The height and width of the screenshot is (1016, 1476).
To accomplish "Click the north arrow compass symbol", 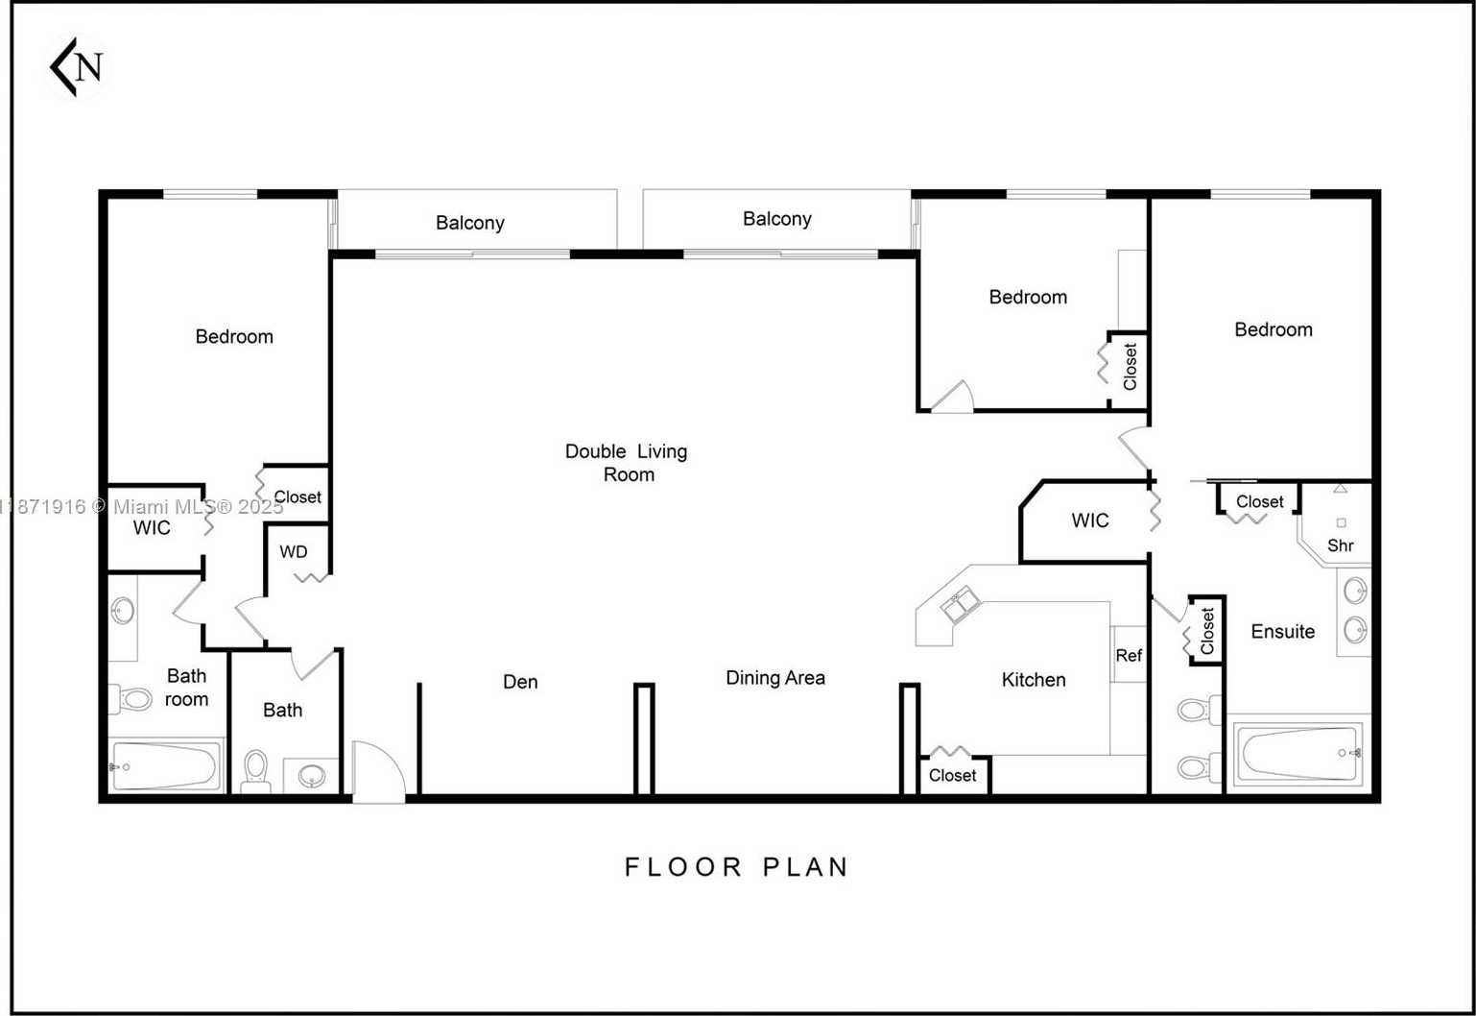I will pyautogui.click(x=78, y=67).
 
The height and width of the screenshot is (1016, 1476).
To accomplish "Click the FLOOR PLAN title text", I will pyautogui.click(x=736, y=867).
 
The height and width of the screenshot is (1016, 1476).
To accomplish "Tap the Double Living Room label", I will pyautogui.click(x=626, y=462).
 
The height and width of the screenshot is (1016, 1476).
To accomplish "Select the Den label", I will pyautogui.click(x=520, y=682).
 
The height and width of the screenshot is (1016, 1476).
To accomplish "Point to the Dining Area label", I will pyautogui.click(x=774, y=678).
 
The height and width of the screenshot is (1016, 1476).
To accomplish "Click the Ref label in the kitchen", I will pyautogui.click(x=1129, y=656).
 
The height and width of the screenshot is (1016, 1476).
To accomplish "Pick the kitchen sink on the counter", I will pyautogui.click(x=960, y=605).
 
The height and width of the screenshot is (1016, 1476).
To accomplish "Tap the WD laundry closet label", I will pyautogui.click(x=294, y=552).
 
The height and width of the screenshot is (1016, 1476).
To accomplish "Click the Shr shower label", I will pyautogui.click(x=1340, y=545).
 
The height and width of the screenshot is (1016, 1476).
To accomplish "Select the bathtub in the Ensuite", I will pyautogui.click(x=1297, y=753).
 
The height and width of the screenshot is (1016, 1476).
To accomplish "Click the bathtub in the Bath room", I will pyautogui.click(x=165, y=766).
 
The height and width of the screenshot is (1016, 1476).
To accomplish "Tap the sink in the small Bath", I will pyautogui.click(x=311, y=775).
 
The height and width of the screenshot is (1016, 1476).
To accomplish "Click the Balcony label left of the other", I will pyautogui.click(x=469, y=223).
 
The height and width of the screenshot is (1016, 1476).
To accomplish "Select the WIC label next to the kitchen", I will pyautogui.click(x=1090, y=520).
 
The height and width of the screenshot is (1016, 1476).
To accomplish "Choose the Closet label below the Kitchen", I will pyautogui.click(x=952, y=775).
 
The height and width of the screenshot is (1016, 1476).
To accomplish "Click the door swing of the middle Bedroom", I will pyautogui.click(x=954, y=398).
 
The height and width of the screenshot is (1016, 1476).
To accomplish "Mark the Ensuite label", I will pyautogui.click(x=1282, y=632).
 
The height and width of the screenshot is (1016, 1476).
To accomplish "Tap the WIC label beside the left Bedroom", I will pyautogui.click(x=152, y=527).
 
